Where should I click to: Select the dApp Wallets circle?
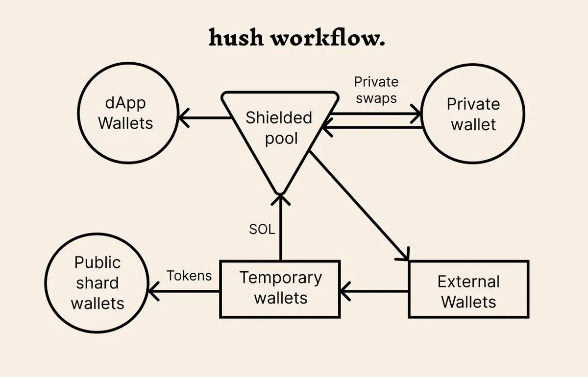[x=125, y=114]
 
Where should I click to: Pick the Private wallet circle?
[x=473, y=114]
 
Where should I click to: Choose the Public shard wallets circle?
[x=97, y=283]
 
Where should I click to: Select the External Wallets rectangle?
[x=468, y=289]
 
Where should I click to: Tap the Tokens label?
[x=189, y=276]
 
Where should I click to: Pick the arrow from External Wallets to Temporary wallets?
[x=374, y=291]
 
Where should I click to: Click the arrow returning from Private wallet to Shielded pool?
[x=372, y=128]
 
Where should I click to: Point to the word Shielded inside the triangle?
[x=279, y=118]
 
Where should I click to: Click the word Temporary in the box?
[x=280, y=278]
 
